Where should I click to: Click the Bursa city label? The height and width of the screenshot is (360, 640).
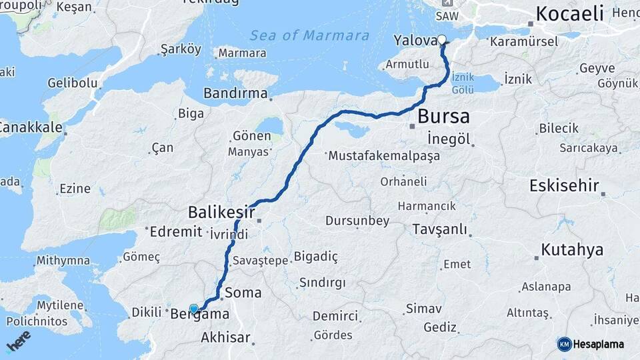pos(443,117)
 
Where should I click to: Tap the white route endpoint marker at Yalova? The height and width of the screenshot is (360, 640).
pos(441,39)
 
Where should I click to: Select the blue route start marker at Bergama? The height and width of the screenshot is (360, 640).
pos(193,309)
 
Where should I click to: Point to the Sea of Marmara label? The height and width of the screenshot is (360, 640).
pos(309,35)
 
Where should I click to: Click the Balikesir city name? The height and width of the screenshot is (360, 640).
pos(221,213)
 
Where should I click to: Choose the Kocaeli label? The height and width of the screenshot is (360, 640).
pos(569,13)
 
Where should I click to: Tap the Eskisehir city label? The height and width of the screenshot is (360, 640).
pos(564,186)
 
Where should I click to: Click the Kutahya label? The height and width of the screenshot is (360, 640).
pos(572,250)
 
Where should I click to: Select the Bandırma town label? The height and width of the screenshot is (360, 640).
pos(235,93)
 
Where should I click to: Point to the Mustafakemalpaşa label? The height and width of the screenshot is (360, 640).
pos(383,156)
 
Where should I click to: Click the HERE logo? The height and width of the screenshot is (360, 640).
pos(18,341)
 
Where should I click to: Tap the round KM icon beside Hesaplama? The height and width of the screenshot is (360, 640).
pos(565,344)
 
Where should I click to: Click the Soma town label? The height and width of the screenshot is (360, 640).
pos(243,293)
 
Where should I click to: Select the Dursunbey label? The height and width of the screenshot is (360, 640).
pos(357,221)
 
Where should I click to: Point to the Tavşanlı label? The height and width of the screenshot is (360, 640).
pos(439,229)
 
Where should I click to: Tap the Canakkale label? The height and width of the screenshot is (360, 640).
pos(31,127)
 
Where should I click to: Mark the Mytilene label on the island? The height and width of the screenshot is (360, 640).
pos(60,305)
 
